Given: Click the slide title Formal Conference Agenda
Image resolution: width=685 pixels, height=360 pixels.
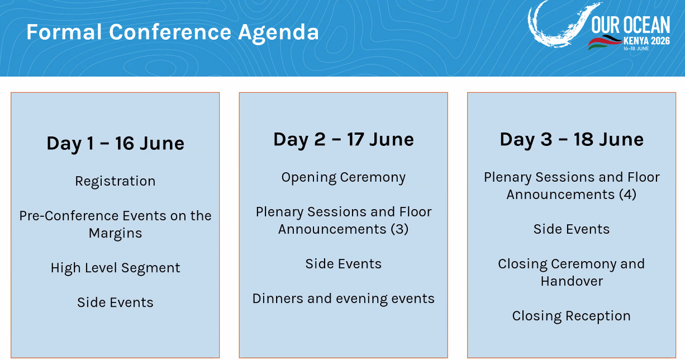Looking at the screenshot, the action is click(173, 32).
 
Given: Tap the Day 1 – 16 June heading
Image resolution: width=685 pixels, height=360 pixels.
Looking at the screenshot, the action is click(115, 143).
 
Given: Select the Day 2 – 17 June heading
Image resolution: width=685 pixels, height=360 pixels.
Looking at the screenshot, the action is click(344, 140).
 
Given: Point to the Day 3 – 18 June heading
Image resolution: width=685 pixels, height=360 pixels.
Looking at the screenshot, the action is click(572, 140).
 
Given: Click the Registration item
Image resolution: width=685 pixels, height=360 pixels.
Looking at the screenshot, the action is click(115, 181).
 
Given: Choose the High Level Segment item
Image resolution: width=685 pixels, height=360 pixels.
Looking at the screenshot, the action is click(115, 268).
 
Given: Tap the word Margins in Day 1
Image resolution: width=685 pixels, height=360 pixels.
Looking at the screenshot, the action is click(115, 233).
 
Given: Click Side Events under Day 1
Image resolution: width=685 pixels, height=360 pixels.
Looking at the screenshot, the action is click(115, 302).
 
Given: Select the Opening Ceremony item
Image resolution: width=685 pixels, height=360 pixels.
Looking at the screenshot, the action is click(344, 177).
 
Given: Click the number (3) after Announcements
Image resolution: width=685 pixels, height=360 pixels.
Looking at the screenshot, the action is click(399, 229).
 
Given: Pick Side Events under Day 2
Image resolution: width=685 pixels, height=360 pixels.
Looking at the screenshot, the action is click(344, 264).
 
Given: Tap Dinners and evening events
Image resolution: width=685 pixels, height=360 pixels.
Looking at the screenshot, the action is click(344, 299).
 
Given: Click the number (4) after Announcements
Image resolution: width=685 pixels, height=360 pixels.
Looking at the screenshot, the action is click(627, 195).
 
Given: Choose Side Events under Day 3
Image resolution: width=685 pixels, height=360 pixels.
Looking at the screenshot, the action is click(572, 229).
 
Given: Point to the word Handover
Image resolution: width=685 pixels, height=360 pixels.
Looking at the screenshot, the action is click(572, 281).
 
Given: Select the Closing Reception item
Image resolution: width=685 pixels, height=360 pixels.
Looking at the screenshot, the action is click(572, 316).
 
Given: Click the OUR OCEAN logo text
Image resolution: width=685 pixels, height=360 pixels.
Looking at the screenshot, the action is click(631, 25).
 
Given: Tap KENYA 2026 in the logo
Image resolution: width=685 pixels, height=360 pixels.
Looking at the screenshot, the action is click(647, 41).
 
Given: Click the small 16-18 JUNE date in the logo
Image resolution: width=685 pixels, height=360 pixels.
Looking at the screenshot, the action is click(636, 49).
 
